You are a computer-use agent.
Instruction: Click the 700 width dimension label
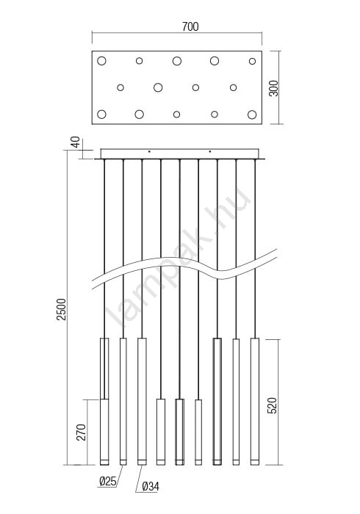click(190, 26)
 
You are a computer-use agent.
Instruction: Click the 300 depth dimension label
click(273, 88)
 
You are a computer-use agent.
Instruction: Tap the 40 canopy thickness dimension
click(76, 142)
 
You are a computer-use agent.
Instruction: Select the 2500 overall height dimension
click(61, 309)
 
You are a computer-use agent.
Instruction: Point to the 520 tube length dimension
click(272, 405)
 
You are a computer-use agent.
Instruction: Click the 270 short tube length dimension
click(82, 432)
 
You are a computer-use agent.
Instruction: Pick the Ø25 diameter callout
click(107, 481)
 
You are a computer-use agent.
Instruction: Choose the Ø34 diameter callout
click(151, 487)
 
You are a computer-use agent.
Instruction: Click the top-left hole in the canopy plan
click(101, 61)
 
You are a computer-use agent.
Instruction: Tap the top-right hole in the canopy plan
click(252, 61)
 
